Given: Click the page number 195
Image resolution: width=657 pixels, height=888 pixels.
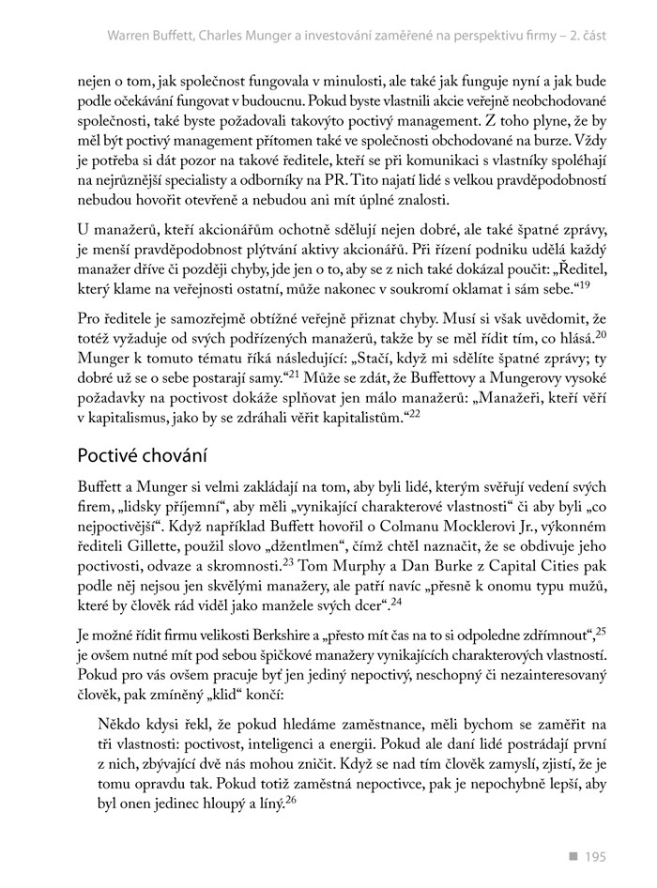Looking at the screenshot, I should [595, 856].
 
